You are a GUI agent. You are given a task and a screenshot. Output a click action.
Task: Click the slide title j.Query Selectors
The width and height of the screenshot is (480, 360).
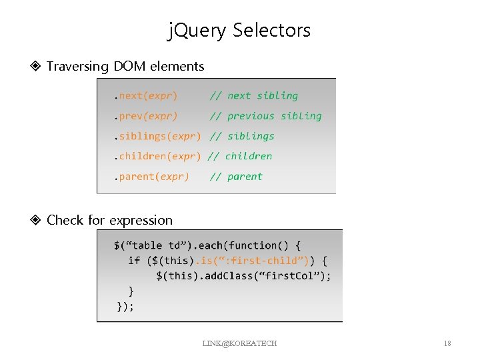pos(239,30)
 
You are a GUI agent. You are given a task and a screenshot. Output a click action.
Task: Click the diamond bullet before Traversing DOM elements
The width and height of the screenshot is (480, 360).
pos(37,66)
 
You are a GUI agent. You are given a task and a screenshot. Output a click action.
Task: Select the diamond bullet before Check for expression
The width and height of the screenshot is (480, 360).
pos(37,220)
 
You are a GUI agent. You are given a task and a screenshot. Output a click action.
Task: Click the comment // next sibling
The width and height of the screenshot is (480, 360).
pos(254,95)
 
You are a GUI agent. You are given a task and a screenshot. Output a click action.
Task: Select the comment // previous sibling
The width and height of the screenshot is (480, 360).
pos(265,116)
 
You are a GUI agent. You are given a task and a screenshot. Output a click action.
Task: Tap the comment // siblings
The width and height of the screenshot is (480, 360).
pos(242,136)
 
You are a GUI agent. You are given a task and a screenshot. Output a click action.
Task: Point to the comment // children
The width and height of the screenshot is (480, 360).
pos(240,156)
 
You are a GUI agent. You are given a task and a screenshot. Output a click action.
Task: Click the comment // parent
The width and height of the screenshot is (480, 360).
pos(236,177)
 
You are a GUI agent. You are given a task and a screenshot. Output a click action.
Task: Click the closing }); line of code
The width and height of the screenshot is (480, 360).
pos(125,306)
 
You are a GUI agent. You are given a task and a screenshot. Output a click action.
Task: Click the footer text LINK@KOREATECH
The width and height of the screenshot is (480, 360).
pos(239,343)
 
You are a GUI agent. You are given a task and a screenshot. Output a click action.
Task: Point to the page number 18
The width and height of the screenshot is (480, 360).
pos(447,343)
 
